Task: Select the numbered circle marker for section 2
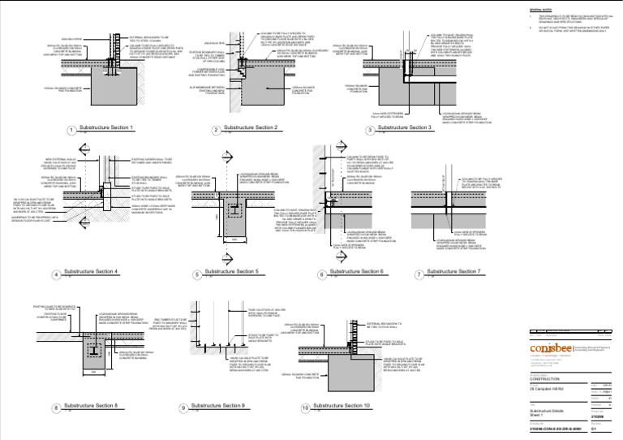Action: click(216, 130)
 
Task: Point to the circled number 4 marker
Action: click(57, 274)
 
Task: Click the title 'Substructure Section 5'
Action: click(231, 271)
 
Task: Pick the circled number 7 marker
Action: click(419, 274)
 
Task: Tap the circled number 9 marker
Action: click(183, 408)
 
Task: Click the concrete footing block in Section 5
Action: click(234, 222)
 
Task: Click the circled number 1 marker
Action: click(72, 130)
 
